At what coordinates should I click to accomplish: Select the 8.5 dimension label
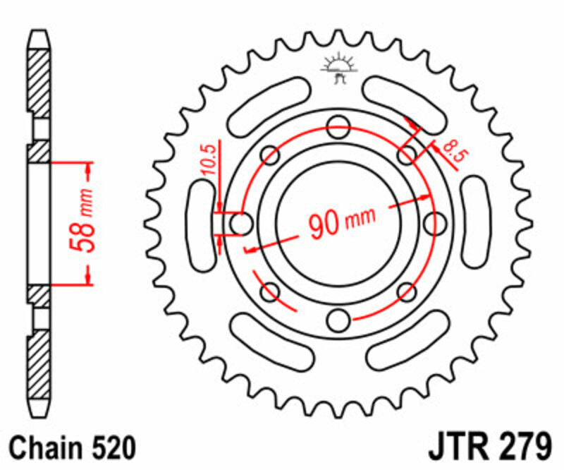(x=449, y=151)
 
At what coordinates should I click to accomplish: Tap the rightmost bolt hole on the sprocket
(x=434, y=224)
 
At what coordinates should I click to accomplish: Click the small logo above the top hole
(x=336, y=67)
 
